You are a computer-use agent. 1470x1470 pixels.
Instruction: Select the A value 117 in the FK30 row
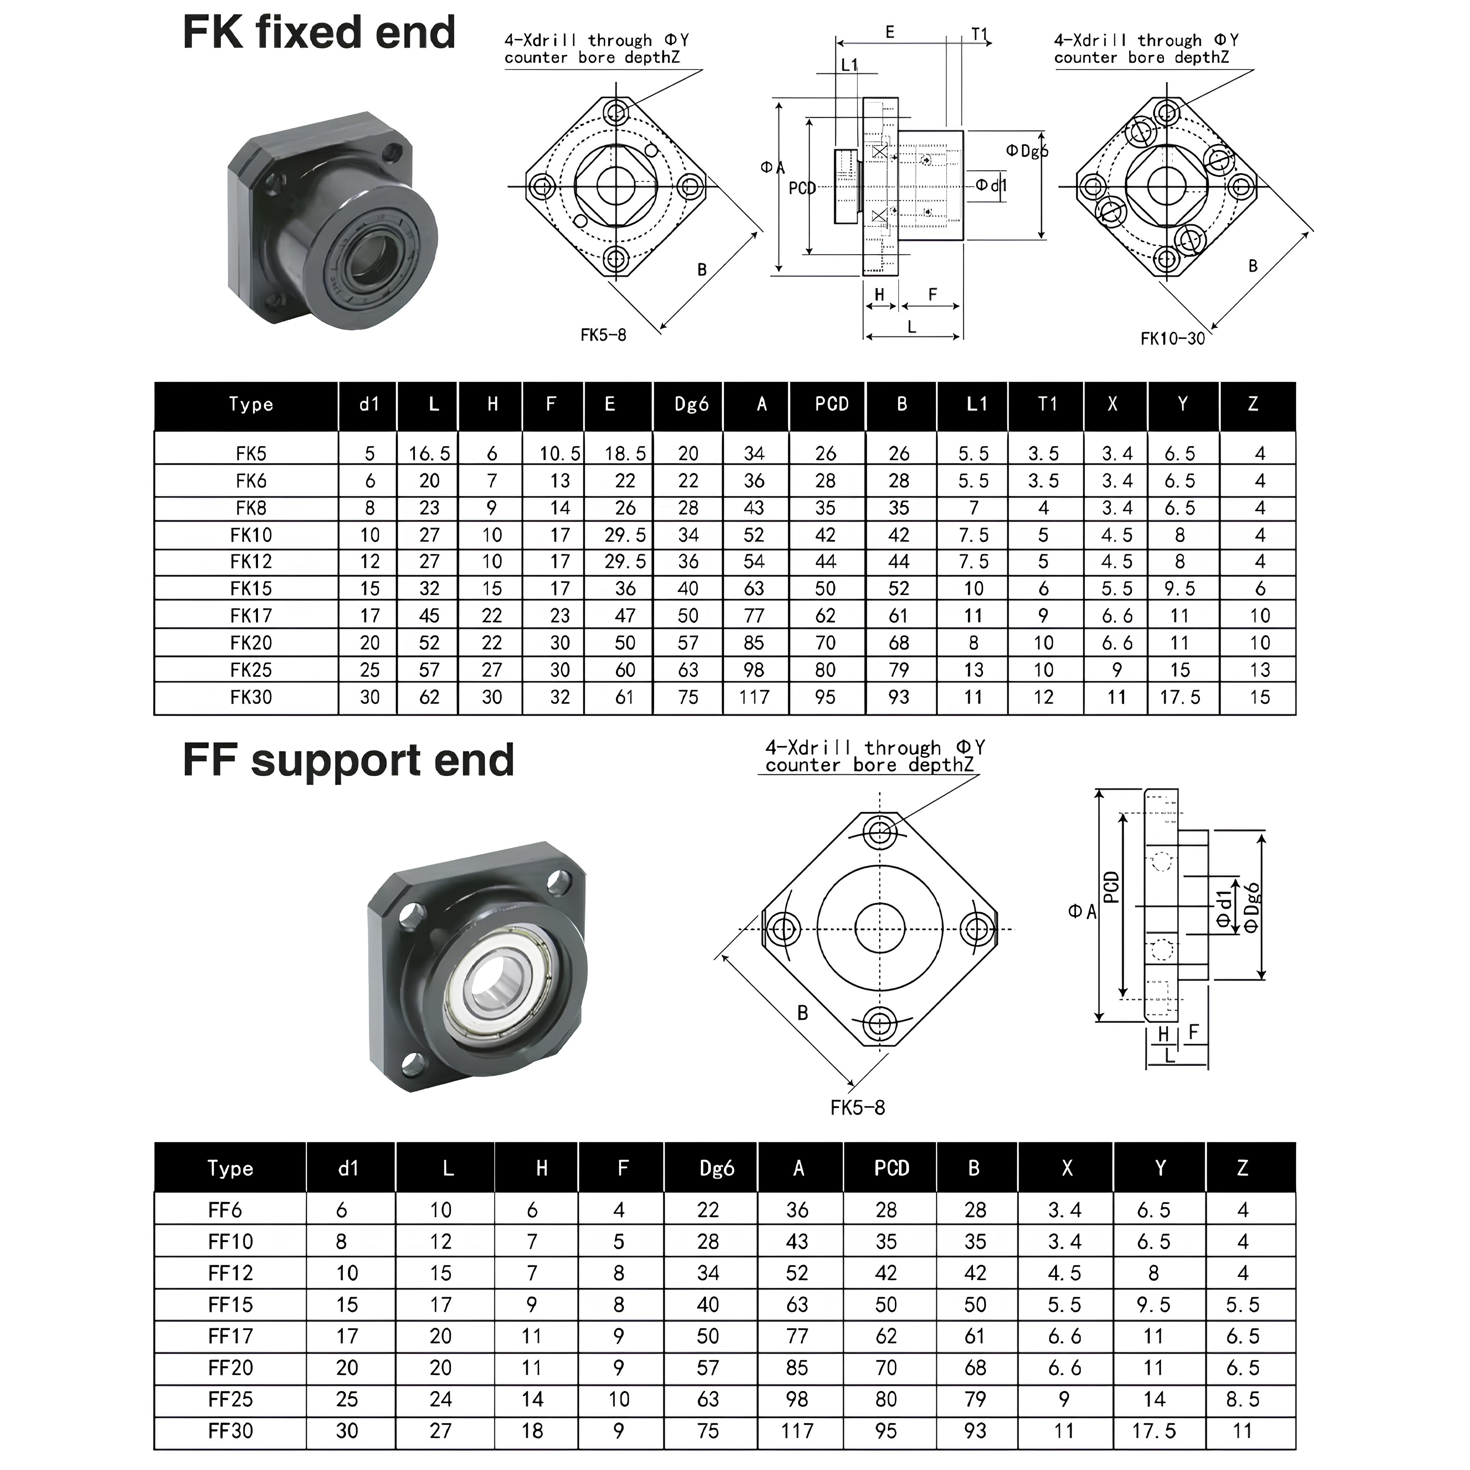pyautogui.click(x=754, y=697)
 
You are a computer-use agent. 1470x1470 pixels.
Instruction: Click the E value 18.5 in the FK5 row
pyautogui.click(x=625, y=453)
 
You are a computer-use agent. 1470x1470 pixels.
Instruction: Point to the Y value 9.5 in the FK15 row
pyautogui.click(x=1179, y=588)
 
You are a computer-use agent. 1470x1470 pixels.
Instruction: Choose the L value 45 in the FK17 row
pyautogui.click(x=429, y=616)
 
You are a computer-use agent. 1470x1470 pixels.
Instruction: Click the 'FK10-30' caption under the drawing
pyautogui.click(x=1172, y=338)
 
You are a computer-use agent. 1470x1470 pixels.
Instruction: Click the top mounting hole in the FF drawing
pyautogui.click(x=880, y=830)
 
